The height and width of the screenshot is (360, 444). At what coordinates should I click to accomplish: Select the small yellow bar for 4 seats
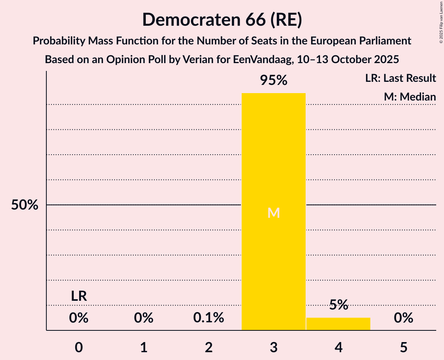pyautogui.click(x=338, y=324)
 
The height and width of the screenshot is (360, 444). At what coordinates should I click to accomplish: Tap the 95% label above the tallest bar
pyautogui.click(x=273, y=81)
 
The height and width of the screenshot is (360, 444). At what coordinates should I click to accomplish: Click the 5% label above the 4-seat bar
pyautogui.click(x=338, y=305)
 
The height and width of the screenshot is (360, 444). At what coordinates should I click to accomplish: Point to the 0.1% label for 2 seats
pyautogui.click(x=209, y=318)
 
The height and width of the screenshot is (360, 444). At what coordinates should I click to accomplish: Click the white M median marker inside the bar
pyautogui.click(x=273, y=213)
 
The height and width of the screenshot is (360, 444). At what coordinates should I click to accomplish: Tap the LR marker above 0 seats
pyautogui.click(x=79, y=296)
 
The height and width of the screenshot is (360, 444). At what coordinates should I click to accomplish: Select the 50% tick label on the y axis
pyautogui.click(x=25, y=205)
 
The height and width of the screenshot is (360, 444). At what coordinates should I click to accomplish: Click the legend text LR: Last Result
pyautogui.click(x=400, y=78)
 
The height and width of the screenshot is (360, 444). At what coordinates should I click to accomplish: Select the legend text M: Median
pyautogui.click(x=410, y=97)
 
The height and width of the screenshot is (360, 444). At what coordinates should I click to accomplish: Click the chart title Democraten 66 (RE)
pyautogui.click(x=222, y=19)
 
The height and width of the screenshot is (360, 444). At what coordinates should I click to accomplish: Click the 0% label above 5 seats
pyautogui.click(x=403, y=318)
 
